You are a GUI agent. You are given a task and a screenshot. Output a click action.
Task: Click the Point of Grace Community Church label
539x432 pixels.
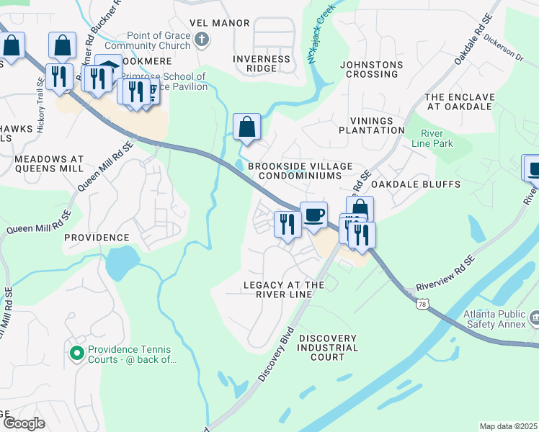tap(158, 41)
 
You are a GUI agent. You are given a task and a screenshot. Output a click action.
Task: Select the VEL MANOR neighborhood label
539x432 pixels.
tap(219, 23)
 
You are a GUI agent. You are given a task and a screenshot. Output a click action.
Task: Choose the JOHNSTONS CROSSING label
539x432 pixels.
tap(370, 69)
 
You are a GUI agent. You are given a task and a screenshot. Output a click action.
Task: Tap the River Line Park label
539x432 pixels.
tap(437, 139)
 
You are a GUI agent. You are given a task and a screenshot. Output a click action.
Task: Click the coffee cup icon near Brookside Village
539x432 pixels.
tap(313, 215)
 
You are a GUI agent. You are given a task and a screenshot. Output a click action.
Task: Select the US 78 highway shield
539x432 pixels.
tap(421, 307)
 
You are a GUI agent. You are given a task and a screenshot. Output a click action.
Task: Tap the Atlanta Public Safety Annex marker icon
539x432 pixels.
tap(535, 318)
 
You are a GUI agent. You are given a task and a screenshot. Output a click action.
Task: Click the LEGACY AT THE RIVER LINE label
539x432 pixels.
tap(284, 290)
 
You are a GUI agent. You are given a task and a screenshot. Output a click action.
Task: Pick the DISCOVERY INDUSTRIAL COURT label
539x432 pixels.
tap(328, 348)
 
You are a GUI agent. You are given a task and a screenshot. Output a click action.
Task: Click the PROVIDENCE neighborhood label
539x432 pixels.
tap(96, 237)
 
